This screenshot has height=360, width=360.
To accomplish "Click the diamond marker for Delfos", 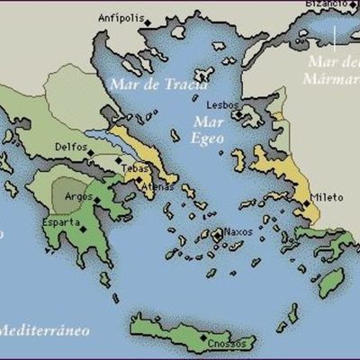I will point(90,153).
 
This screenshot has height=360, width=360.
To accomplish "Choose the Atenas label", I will point(132,186).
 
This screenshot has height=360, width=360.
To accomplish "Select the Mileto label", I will point(325,196).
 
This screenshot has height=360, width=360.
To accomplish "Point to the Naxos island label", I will point(238,230).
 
